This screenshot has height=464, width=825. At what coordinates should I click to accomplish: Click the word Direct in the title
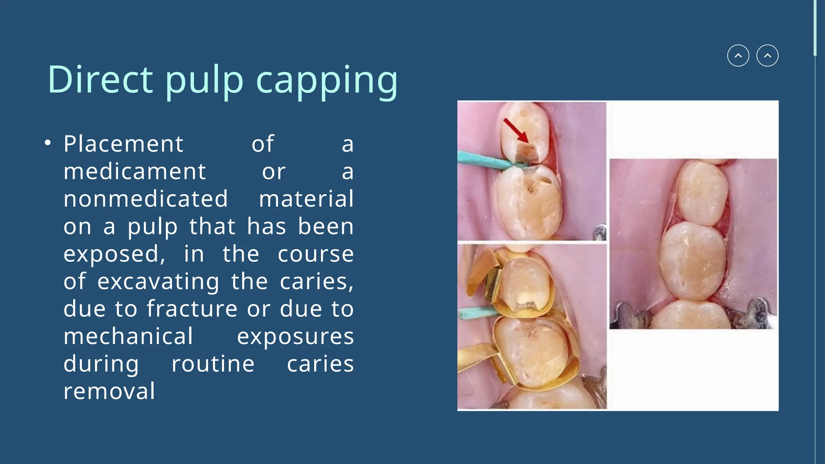pyautogui.click(x=100, y=79)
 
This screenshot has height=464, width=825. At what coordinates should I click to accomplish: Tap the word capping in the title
pyautogui.click(x=327, y=81)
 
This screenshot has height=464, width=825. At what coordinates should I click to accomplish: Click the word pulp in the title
pyautogui.click(x=204, y=81)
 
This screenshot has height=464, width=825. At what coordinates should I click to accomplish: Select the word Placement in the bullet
pyautogui.click(x=123, y=144)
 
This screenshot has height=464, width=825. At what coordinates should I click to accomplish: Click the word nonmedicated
pyautogui.click(x=145, y=199)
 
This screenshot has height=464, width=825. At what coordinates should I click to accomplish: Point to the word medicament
pyautogui.click(x=135, y=172)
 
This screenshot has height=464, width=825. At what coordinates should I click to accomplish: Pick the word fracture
pyautogui.click(x=192, y=309)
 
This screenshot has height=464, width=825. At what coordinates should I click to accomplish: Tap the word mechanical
pyautogui.click(x=128, y=336)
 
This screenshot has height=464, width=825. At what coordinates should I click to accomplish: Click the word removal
pyautogui.click(x=109, y=391)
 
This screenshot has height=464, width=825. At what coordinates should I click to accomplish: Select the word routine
pyautogui.click(x=213, y=364)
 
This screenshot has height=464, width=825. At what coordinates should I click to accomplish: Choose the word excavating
pyautogui.click(x=158, y=282)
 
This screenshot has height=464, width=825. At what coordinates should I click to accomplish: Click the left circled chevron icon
pyautogui.click(x=738, y=56)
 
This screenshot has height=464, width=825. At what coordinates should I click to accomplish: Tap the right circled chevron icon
pyautogui.click(x=767, y=56)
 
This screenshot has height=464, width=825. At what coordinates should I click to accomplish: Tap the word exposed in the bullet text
pyautogui.click(x=114, y=254)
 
